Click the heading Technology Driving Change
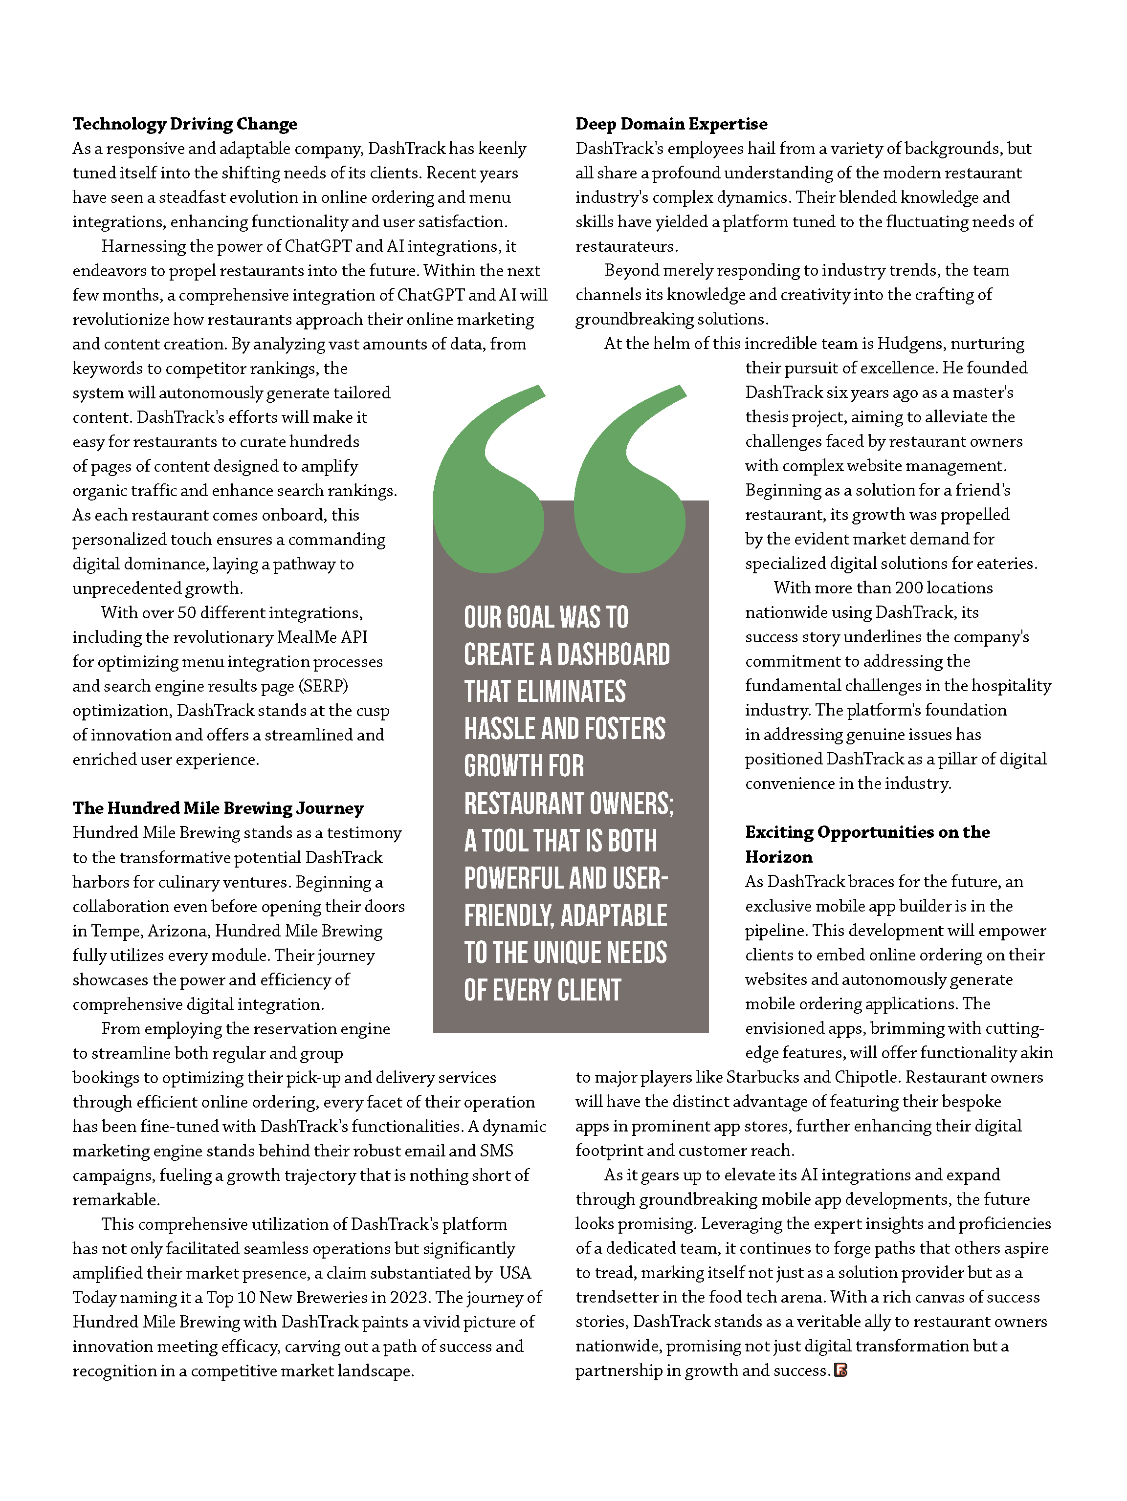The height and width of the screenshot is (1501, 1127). (185, 124)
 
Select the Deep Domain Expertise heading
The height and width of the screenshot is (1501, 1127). (671, 124)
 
